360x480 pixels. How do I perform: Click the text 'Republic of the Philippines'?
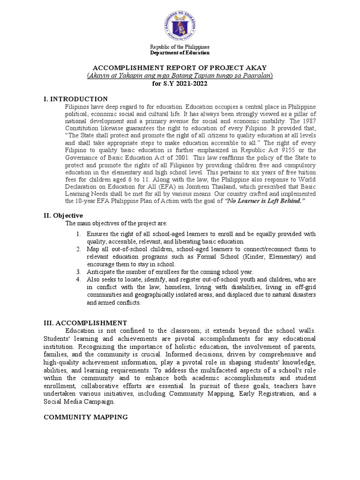click(180, 47)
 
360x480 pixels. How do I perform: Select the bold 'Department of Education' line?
click(180, 53)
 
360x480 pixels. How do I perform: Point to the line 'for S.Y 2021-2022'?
click(180, 83)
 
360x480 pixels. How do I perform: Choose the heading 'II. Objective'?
click(64, 215)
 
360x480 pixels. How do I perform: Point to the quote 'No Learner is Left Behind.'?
click(265, 201)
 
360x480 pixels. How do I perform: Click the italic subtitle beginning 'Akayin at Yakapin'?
click(180, 75)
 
